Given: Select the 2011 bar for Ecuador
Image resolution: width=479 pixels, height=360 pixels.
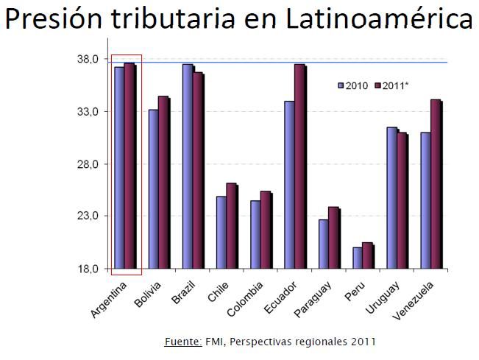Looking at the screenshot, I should pyautogui.click(x=299, y=166).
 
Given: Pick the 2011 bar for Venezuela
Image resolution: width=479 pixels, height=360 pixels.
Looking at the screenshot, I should pyautogui.click(x=436, y=184).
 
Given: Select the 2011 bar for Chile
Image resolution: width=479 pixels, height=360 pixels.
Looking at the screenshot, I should pyautogui.click(x=231, y=226).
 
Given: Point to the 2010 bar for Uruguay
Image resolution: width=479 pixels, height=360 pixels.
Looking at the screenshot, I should pyautogui.click(x=392, y=198).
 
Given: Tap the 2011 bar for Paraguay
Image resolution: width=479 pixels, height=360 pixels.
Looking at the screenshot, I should pyautogui.click(x=333, y=238).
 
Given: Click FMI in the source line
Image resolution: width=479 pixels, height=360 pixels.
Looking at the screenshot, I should pyautogui.click(x=214, y=342).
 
